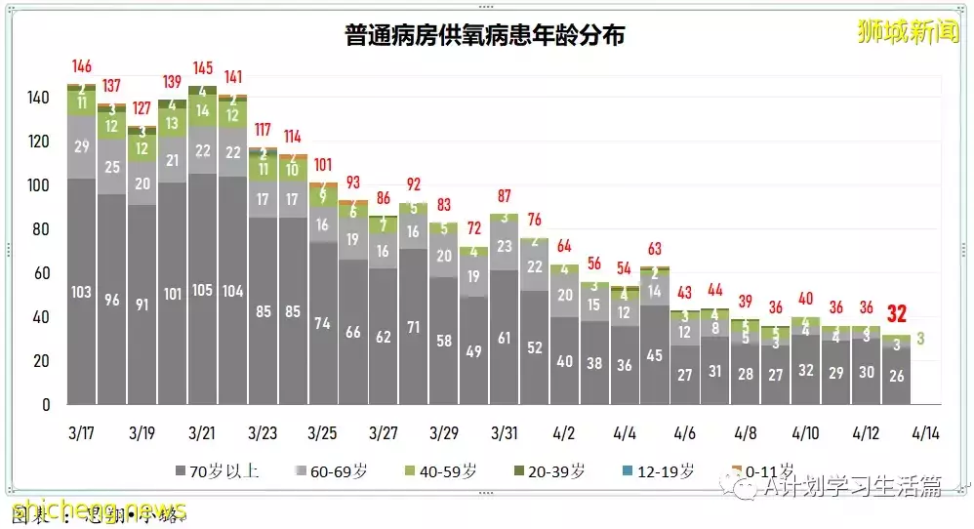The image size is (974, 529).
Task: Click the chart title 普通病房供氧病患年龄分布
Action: tap(485, 37)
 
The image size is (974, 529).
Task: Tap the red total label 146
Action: tap(82, 66)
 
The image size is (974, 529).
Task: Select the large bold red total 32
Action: tap(897, 314)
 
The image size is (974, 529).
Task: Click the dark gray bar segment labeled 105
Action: tap(202, 290)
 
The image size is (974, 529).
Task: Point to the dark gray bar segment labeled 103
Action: tap(82, 291)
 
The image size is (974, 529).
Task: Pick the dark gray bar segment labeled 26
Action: tap(896, 376)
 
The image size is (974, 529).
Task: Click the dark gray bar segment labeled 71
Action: tap(414, 327)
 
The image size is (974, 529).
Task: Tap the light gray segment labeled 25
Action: tap(112, 167)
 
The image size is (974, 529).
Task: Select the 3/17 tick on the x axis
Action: tap(82, 431)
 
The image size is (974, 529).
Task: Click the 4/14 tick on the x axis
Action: tap(926, 431)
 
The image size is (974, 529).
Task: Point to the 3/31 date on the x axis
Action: tap(504, 431)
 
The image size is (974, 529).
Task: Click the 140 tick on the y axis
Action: tap(38, 98)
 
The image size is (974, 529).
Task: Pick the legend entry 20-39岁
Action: tap(554, 470)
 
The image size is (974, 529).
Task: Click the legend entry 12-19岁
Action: tap(664, 470)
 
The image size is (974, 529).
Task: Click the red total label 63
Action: tap(655, 249)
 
